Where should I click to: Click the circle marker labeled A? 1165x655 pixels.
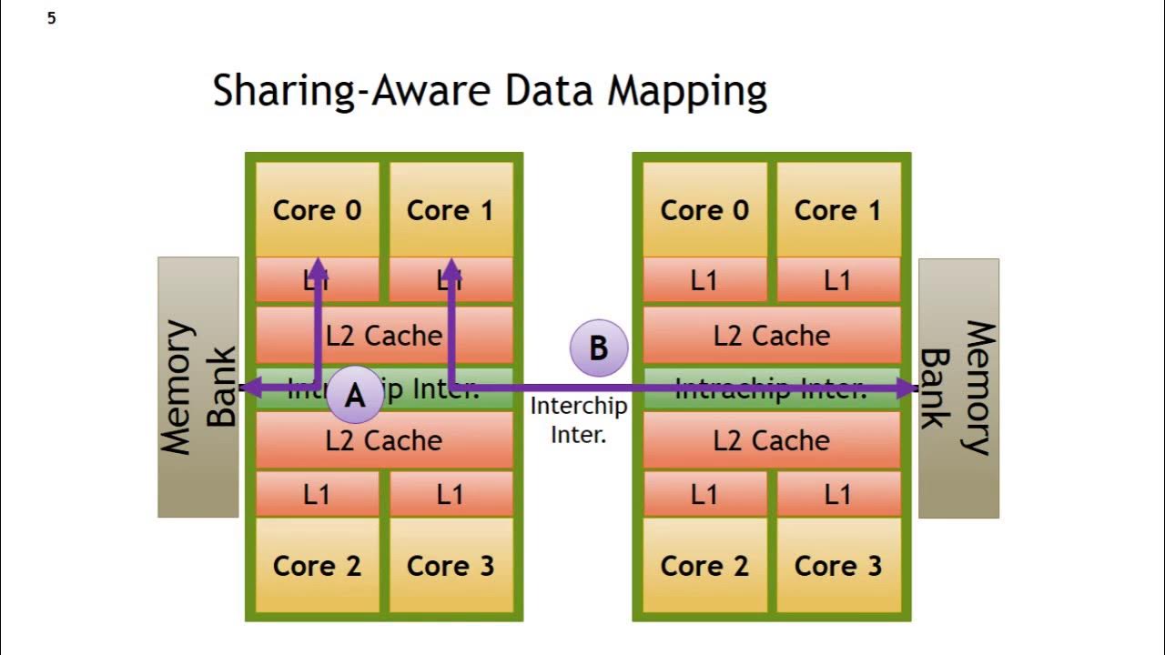click(354, 395)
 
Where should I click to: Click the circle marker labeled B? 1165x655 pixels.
click(598, 348)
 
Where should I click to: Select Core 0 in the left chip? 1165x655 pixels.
click(317, 210)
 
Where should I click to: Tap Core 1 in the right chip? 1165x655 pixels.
click(837, 210)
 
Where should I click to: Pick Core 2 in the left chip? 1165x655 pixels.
click(317, 565)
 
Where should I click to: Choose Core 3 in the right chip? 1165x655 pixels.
click(837, 565)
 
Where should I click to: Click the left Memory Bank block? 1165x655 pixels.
click(198, 388)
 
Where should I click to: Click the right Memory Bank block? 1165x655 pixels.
click(958, 388)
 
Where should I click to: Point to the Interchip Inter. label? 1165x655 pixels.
click(579, 419)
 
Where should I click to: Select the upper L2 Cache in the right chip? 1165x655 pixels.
click(772, 336)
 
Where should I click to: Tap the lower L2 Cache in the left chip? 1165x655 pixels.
click(384, 440)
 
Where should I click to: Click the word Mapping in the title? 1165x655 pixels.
click(687, 92)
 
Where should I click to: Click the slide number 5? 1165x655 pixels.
click(52, 18)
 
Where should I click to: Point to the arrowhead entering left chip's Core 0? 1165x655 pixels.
click(317, 267)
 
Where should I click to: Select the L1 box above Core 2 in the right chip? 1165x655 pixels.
click(704, 494)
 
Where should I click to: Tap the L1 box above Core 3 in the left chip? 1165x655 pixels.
click(451, 494)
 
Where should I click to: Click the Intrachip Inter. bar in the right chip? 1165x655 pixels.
click(772, 389)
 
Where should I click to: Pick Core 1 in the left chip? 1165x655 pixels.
click(451, 210)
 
